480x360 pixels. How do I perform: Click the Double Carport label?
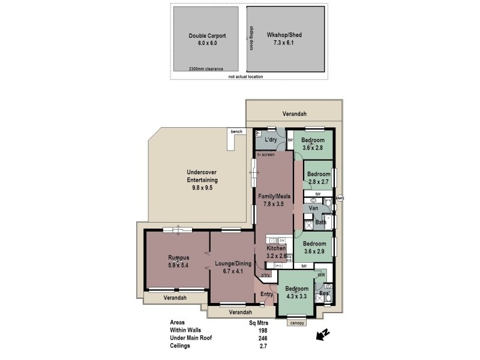207,40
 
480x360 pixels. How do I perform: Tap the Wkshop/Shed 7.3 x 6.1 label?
284,40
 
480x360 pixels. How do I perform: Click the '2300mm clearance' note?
205,69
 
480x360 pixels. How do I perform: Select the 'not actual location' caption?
246,77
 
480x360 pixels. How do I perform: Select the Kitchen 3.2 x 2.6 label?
276,251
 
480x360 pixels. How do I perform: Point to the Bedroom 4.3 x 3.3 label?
296,292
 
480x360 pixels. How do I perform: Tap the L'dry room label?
270,140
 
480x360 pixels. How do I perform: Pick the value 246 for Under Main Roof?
262,338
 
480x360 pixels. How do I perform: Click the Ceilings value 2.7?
262,346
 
